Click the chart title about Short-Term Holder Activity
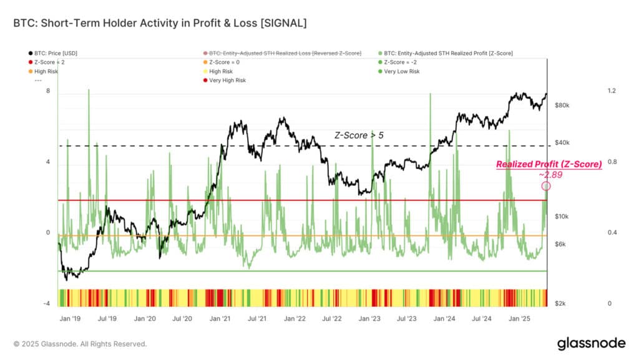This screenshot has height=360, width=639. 160,23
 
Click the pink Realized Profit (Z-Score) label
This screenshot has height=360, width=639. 549,164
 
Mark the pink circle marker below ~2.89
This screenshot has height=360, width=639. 546,186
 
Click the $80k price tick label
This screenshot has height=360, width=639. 562,105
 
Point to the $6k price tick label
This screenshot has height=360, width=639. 560,244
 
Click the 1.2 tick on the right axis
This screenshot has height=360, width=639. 612,91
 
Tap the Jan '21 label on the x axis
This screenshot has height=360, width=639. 220,318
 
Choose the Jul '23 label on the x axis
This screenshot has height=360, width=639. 407,318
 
